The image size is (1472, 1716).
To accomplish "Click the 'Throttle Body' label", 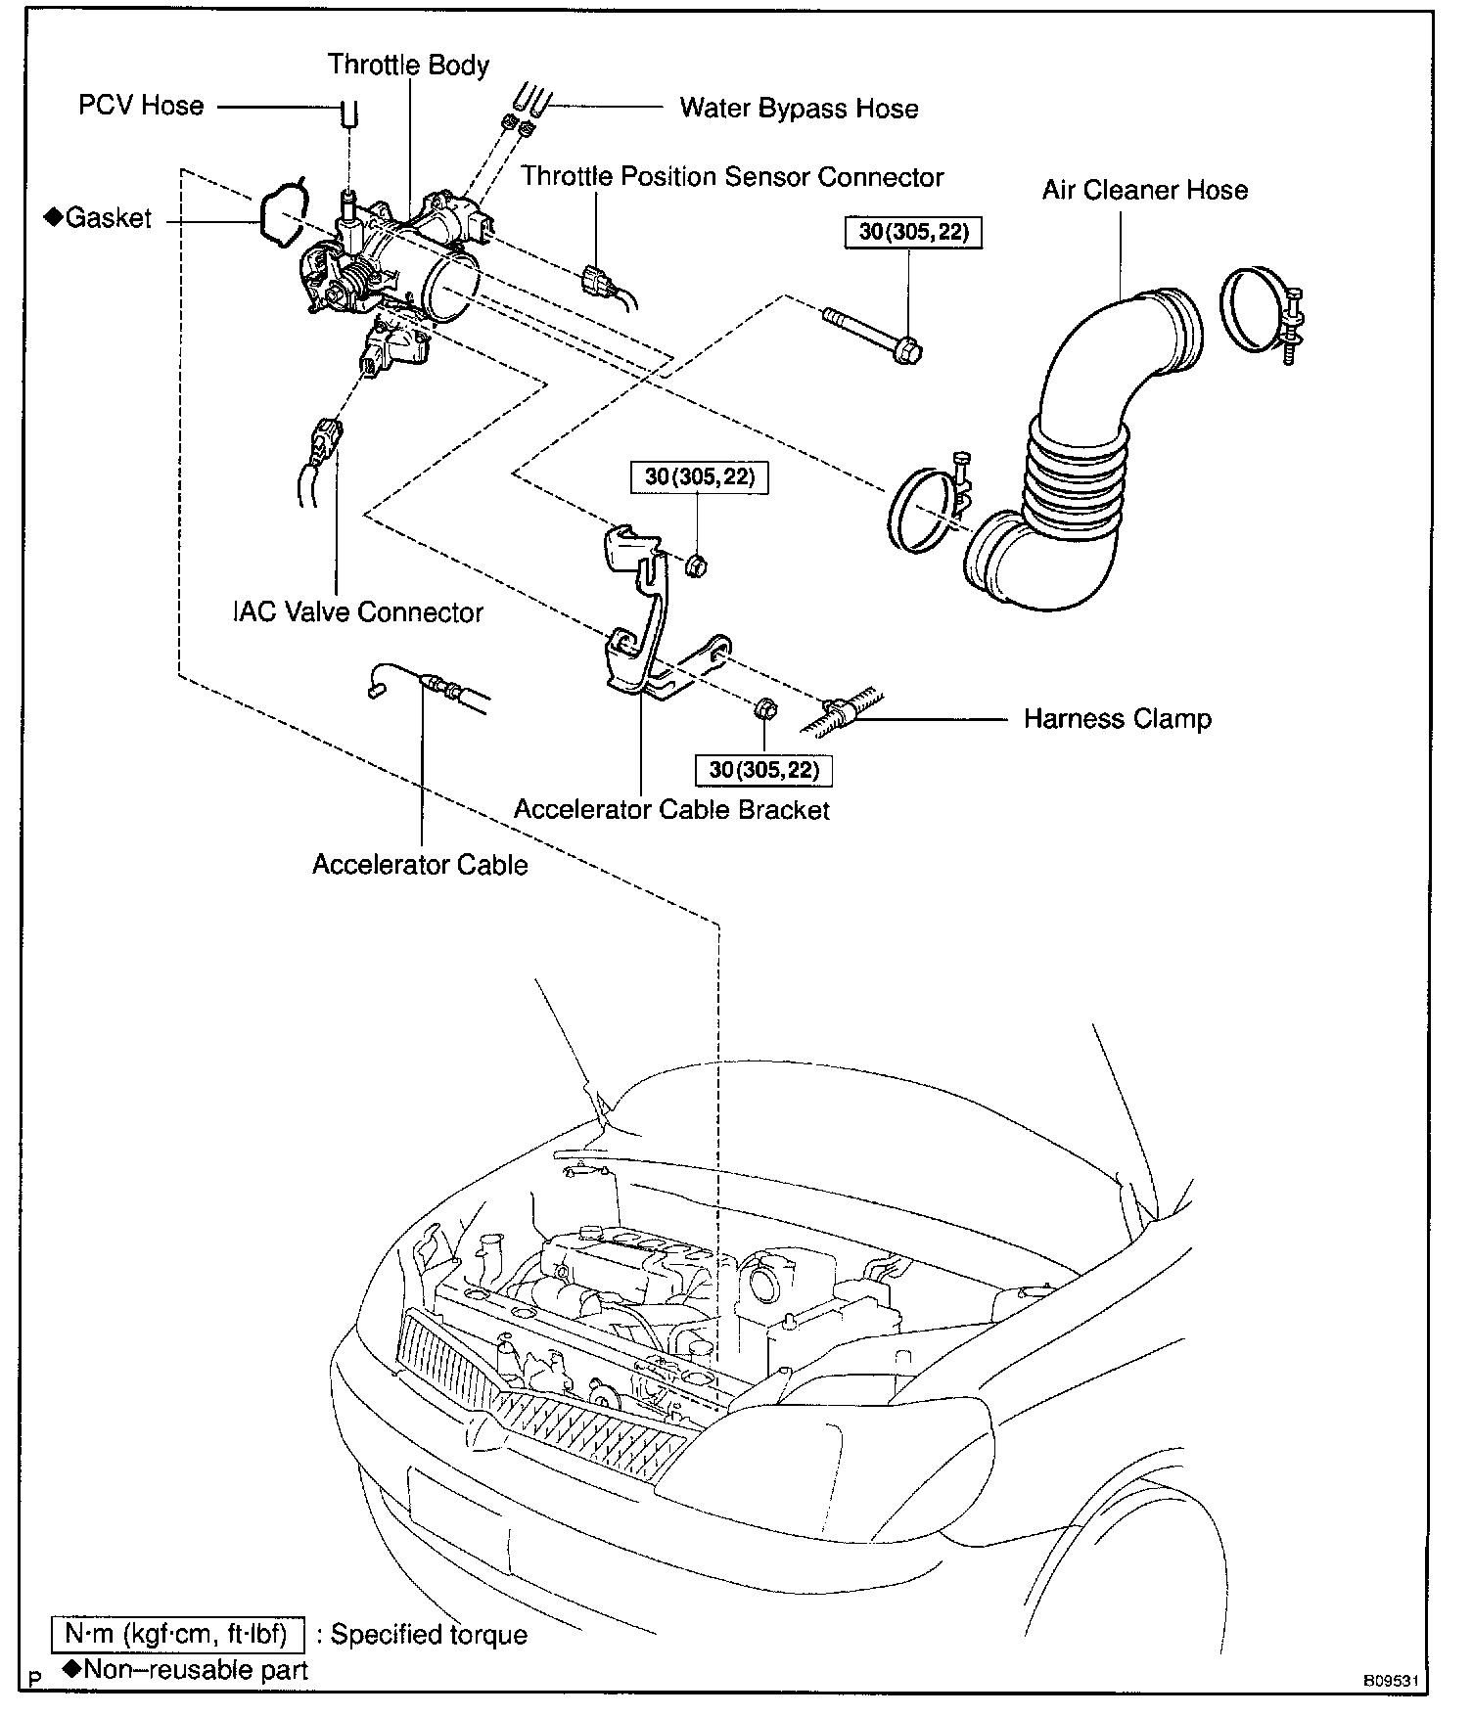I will tap(408, 66).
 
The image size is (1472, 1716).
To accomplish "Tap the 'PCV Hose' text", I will tap(141, 106).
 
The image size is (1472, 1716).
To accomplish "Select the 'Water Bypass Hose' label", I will tap(799, 108).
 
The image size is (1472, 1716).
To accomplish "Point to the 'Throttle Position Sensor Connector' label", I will tap(731, 177).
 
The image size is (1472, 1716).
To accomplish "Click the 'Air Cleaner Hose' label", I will tap(1144, 190).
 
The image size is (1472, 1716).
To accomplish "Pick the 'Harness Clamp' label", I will tap(1117, 719).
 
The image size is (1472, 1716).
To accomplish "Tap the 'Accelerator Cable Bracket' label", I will tap(671, 810).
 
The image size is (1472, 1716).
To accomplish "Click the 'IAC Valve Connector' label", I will tap(358, 612).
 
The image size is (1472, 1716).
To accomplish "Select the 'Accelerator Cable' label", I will tap(420, 865).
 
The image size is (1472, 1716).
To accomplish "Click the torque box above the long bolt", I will tap(912, 233).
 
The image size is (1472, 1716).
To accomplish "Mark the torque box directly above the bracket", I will tap(699, 477).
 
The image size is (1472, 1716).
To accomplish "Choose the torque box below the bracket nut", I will tap(763, 770).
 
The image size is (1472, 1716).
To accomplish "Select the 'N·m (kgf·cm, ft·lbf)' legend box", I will tap(177, 1634).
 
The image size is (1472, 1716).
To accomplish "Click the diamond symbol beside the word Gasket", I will tap(54, 217).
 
